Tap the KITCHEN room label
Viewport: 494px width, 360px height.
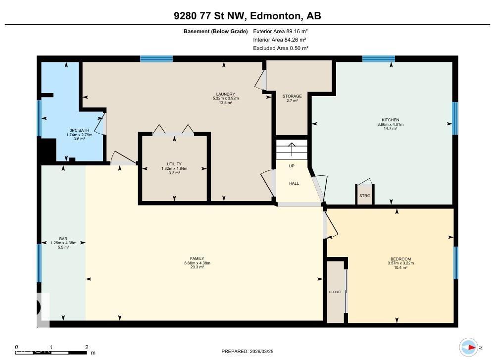[390, 120]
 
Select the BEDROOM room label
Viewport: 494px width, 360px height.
[400, 259]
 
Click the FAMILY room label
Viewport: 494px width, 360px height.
[197, 258]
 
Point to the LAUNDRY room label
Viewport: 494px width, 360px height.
[225, 94]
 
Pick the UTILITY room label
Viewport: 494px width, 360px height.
[174, 164]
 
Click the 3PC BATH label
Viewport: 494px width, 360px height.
[76, 131]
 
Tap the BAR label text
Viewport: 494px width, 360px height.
[63, 239]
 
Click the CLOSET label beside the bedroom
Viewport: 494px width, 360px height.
[335, 292]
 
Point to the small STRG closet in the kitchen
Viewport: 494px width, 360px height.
[365, 195]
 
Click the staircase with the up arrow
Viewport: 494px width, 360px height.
[292, 149]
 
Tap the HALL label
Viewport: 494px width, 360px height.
[294, 183]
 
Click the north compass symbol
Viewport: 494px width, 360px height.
[468, 347]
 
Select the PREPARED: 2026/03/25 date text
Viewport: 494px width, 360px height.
[247, 351]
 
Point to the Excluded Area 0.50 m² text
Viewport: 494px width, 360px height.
[280, 48]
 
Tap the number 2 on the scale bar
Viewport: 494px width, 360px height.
[87, 347]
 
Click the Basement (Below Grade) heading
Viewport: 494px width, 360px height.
[215, 31]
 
